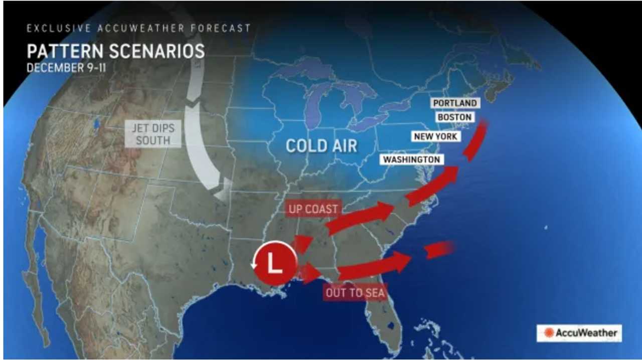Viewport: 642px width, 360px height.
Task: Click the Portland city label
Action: click(x=454, y=103)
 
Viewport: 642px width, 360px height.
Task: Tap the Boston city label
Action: click(x=454, y=117)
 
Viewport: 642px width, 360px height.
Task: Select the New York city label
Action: click(x=436, y=136)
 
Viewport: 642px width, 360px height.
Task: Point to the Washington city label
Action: click(x=412, y=159)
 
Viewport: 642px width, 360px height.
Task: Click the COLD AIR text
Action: click(x=322, y=146)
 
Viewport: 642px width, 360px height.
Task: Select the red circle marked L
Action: click(x=274, y=263)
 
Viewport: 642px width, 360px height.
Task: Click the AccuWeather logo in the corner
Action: click(x=579, y=333)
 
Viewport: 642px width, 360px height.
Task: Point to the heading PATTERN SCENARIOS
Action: click(x=116, y=52)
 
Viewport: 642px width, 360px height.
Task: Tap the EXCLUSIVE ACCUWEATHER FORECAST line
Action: click(x=138, y=28)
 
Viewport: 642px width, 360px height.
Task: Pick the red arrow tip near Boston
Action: click(x=483, y=125)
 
